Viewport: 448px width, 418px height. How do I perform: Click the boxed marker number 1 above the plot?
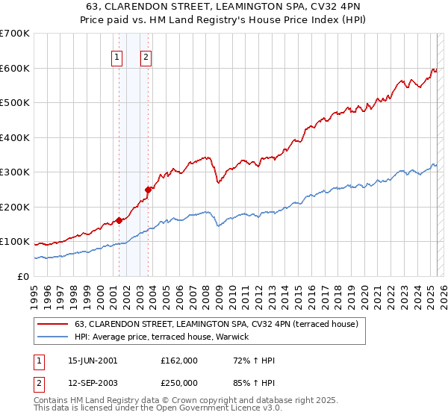[x=118, y=57]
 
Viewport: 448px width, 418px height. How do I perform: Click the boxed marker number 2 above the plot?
[x=146, y=57]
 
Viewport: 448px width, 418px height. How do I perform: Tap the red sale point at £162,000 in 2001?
[x=119, y=220]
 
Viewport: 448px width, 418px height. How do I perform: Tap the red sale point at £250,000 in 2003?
[x=149, y=190]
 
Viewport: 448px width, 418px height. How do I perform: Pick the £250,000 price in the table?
[x=179, y=382]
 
